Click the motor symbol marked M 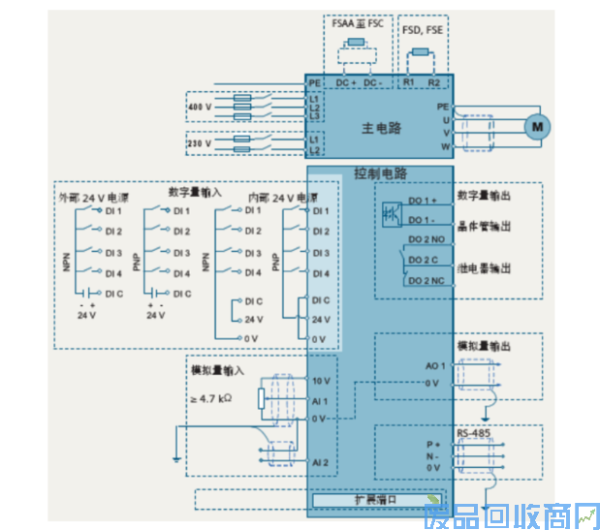[x=535, y=125]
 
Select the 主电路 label [x=381, y=127]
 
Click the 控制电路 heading [x=380, y=174]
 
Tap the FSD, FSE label [x=423, y=29]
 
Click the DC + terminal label [x=346, y=83]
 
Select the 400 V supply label [x=199, y=106]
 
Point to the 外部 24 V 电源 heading [x=93, y=197]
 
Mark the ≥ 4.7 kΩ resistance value [x=211, y=398]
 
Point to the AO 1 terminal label [x=435, y=366]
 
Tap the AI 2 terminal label [x=322, y=462]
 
